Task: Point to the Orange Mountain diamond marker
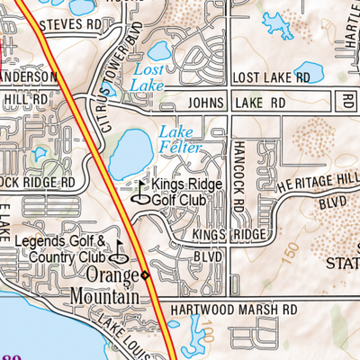145,274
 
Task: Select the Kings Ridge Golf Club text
180,192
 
